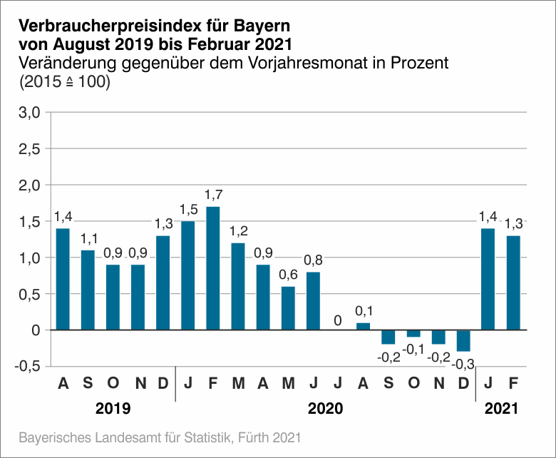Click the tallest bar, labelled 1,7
pos(212,268)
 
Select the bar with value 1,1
pos(88,290)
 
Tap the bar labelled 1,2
pos(238,286)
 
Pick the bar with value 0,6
pos(288,308)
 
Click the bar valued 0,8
pos(313,301)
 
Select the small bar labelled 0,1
pos(363,327)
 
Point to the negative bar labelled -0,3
pos(463,340)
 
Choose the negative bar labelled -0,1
pos(413,333)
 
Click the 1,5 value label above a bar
pos(187,211)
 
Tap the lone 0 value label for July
pos(338,320)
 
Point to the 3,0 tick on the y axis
pos(29,112)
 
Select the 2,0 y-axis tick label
pos(29,185)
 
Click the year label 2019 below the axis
pos(113,409)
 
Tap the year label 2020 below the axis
pos(325,409)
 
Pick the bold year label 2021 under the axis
pos(501,409)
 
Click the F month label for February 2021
pos(513,384)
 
